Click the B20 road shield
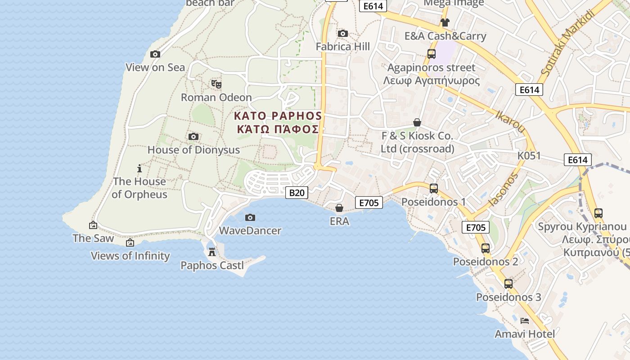tap(297, 193)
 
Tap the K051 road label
tap(529, 156)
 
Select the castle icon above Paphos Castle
tap(212, 252)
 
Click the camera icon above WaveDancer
tap(250, 217)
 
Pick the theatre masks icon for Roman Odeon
tap(216, 84)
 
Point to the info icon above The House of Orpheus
tap(139, 168)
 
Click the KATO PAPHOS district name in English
tap(278, 116)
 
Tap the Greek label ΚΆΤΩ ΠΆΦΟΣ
tap(278, 130)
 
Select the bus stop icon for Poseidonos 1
tap(433, 188)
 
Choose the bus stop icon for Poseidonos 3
tap(508, 283)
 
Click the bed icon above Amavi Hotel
tap(524, 320)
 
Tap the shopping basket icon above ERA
tap(339, 208)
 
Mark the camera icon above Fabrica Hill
tap(342, 33)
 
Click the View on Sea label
tap(155, 67)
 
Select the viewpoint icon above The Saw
tap(93, 225)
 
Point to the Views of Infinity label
tap(130, 256)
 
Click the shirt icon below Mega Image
tap(445, 22)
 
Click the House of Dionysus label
tap(193, 150)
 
